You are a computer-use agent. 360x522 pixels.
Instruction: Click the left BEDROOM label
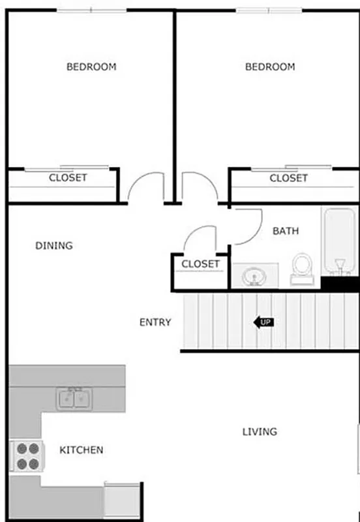coord(91,67)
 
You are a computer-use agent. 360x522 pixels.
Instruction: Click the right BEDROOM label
coord(270,67)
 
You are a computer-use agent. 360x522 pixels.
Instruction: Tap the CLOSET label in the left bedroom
coord(68,177)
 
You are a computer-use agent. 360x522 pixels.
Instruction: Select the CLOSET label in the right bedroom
coord(288,178)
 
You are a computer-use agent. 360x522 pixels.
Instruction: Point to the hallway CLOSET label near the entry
coord(201,264)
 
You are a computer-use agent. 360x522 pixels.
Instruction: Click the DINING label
coord(53,246)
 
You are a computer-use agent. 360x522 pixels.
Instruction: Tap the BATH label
coord(286,230)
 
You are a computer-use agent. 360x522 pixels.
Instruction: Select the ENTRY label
coord(155,322)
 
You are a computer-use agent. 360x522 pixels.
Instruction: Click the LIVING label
coord(260,431)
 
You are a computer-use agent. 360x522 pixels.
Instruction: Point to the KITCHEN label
coord(82,450)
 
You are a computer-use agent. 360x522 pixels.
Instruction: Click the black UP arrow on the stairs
coord(263,322)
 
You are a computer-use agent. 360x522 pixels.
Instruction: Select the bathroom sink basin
coord(254,277)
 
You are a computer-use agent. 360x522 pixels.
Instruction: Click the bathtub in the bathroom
coord(339,241)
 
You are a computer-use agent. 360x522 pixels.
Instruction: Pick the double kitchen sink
coord(74,397)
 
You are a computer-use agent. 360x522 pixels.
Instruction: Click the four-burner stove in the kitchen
coord(27,456)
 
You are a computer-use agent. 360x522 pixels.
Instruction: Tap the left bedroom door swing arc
coord(145,185)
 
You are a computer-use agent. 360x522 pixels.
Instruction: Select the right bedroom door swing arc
coord(199,185)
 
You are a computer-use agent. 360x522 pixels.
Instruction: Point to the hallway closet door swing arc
coord(199,238)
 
